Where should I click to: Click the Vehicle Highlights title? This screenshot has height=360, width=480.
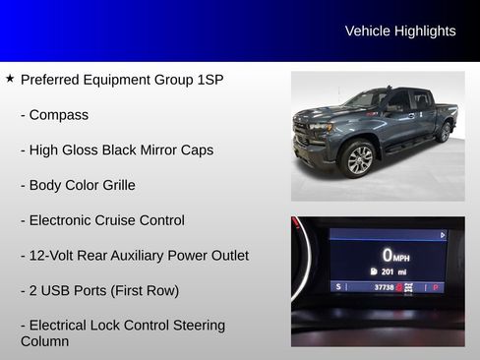point(400,31)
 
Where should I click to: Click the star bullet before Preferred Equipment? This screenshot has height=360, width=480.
point(10,79)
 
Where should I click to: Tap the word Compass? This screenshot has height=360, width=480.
point(59,115)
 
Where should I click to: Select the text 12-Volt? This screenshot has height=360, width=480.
point(53,256)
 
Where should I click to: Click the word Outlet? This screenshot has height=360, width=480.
point(225,256)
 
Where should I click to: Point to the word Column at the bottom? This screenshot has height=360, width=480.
point(45,342)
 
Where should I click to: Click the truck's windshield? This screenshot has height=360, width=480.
point(366,99)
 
